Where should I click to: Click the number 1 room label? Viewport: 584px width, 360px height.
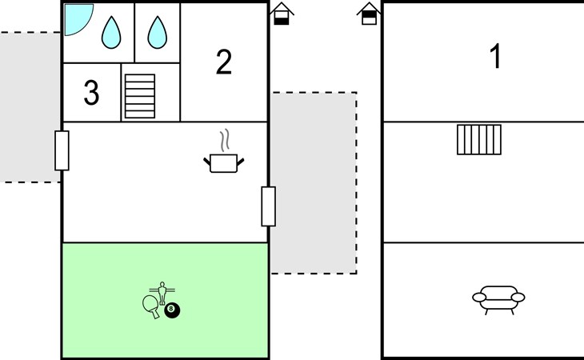tap(495, 56)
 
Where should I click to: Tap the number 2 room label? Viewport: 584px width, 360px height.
tap(224, 62)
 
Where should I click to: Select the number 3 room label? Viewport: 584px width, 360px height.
tap(92, 92)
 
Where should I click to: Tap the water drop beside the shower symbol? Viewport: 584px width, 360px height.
tap(111, 33)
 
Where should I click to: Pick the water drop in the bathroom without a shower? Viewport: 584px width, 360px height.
tap(157, 33)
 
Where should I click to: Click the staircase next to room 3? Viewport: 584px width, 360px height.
tap(140, 96)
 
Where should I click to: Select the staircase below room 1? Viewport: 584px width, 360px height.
tap(479, 140)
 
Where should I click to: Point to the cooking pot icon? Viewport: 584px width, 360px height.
tap(223, 163)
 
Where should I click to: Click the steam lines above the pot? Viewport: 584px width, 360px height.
tap(224, 140)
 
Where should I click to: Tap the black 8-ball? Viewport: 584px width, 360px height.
tap(172, 310)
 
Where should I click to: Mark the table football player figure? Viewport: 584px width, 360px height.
tap(162, 293)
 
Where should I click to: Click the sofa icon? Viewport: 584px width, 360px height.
tap(498, 300)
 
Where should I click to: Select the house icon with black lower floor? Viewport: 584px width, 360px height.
tap(282, 14)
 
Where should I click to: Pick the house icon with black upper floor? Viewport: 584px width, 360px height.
tap(369, 14)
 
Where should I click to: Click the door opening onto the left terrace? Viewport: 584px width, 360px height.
tap(62, 150)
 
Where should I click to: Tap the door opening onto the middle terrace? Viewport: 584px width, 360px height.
tap(269, 206)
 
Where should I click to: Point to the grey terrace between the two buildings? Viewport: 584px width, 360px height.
tap(314, 182)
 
